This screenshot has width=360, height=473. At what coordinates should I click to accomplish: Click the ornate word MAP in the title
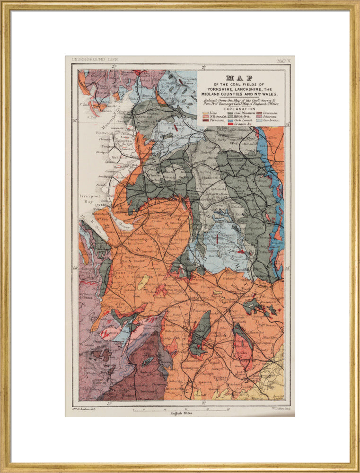pos(239,78)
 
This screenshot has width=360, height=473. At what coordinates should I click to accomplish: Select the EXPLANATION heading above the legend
pos(240,108)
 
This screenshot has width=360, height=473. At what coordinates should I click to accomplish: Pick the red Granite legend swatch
pos(230,124)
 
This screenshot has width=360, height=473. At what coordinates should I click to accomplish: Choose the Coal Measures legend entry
pos(244,114)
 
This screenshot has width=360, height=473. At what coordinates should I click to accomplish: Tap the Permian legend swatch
pos(206,121)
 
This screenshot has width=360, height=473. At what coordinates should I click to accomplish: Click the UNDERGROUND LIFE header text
pos(95,60)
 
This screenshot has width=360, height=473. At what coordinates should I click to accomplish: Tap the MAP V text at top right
pos(282,61)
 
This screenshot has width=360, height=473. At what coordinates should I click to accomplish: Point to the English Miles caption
pos(180,413)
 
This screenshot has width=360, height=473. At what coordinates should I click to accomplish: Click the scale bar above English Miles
pos(180,409)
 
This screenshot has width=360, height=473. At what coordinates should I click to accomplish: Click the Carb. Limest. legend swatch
pos(230,121)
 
